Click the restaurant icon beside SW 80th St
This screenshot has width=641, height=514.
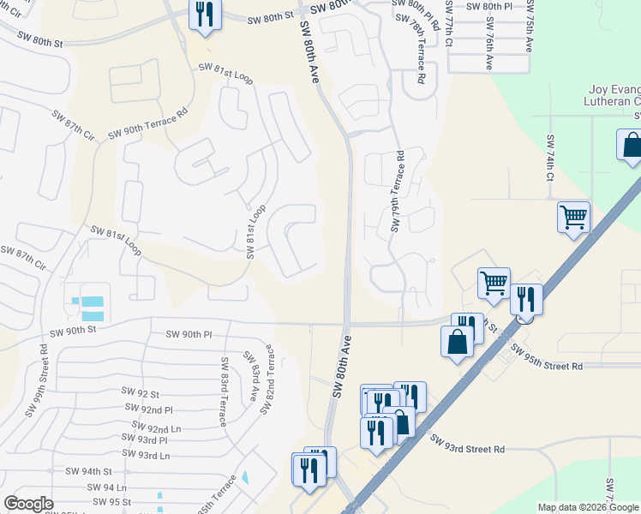[x=205, y=15]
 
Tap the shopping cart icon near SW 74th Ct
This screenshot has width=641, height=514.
[x=572, y=216]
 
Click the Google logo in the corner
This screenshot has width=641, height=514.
[x=28, y=504]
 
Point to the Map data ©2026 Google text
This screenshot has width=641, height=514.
[x=589, y=507]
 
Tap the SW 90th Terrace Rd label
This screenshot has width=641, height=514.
[x=147, y=124]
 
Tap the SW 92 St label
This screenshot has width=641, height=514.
[x=142, y=395]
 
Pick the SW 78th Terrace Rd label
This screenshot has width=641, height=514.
[x=417, y=53]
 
